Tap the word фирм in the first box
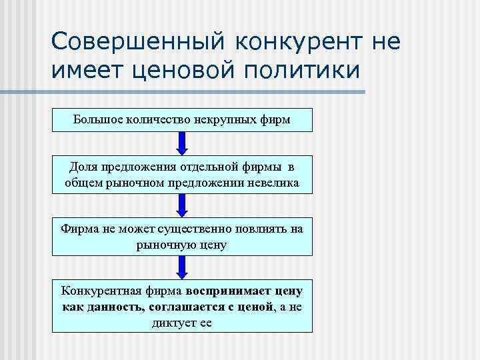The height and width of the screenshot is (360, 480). (274, 120)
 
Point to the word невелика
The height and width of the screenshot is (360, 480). (273, 182)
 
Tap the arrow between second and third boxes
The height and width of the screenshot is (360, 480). (182, 205)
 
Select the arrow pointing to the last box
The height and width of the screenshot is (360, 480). (182, 267)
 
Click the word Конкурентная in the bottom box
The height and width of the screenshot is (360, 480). (91, 291)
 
